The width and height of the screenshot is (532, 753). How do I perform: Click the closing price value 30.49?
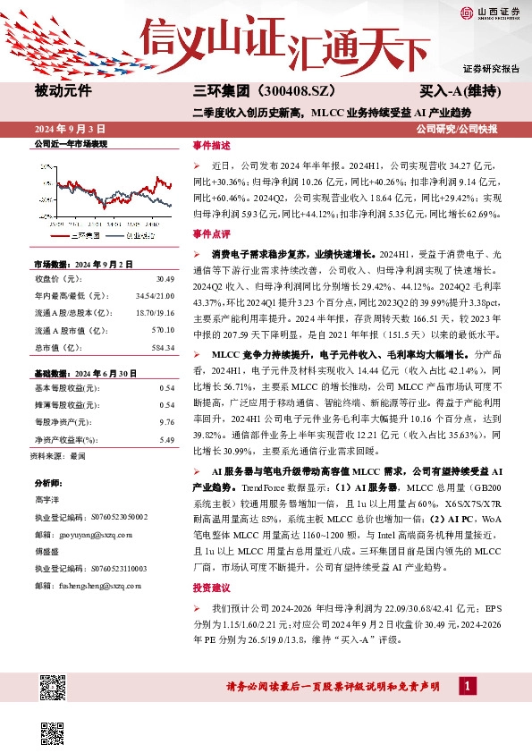pyautogui.click(x=163, y=280)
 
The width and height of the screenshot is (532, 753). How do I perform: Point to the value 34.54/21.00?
pyautogui.click(x=156, y=296)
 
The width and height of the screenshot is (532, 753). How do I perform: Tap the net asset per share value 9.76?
pyautogui.click(x=165, y=421)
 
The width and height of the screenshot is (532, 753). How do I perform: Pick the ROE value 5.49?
pyautogui.click(x=165, y=439)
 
